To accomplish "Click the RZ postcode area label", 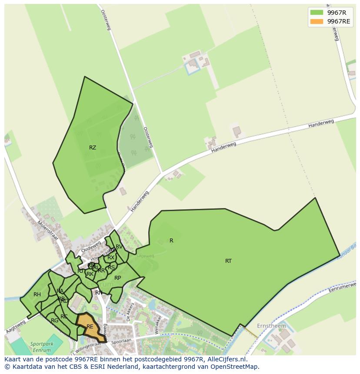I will (92, 148).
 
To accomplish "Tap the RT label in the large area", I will (228, 261).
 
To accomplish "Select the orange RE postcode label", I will (90, 327).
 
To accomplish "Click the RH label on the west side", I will (37, 295).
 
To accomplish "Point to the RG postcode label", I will (54, 321).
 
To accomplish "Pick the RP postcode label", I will (117, 278).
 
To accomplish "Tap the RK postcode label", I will (90, 274).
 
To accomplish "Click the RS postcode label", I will (111, 268).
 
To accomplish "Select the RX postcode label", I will (111, 258).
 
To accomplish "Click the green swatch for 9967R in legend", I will (317, 12).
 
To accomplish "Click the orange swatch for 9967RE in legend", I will (317, 21).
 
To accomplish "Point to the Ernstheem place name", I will (272, 326).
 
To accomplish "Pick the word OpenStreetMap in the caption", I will (235, 367).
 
